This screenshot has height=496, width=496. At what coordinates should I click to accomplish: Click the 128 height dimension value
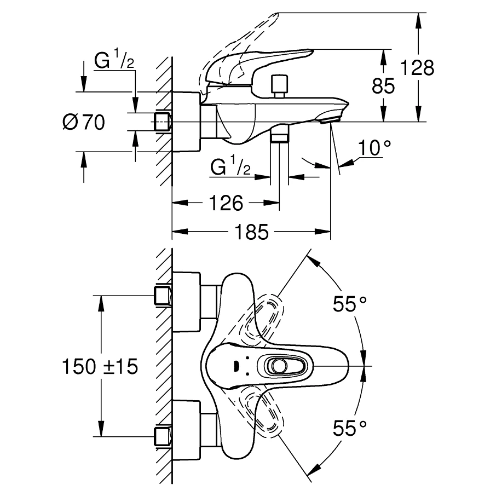coord(417,68)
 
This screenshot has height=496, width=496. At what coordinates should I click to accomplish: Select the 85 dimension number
coord(383,86)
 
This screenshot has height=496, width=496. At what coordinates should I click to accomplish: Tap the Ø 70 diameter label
coord(83,122)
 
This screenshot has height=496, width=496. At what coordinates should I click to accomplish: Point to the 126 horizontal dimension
coord(226,204)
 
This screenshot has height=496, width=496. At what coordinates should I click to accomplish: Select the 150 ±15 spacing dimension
coord(100,366)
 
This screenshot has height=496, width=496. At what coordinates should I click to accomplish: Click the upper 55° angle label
coord(350,303)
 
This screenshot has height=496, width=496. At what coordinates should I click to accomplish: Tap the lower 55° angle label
coord(350,429)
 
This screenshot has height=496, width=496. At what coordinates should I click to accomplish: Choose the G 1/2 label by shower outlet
coord(230,167)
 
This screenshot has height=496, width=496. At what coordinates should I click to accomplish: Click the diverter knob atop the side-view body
coord(279,84)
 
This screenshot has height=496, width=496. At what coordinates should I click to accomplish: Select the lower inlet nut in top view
coord(163,436)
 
